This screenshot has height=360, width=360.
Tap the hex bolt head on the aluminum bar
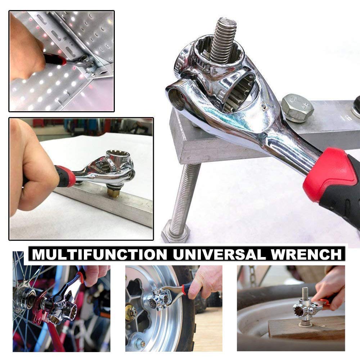pyautogui.click(x=297, y=107)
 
